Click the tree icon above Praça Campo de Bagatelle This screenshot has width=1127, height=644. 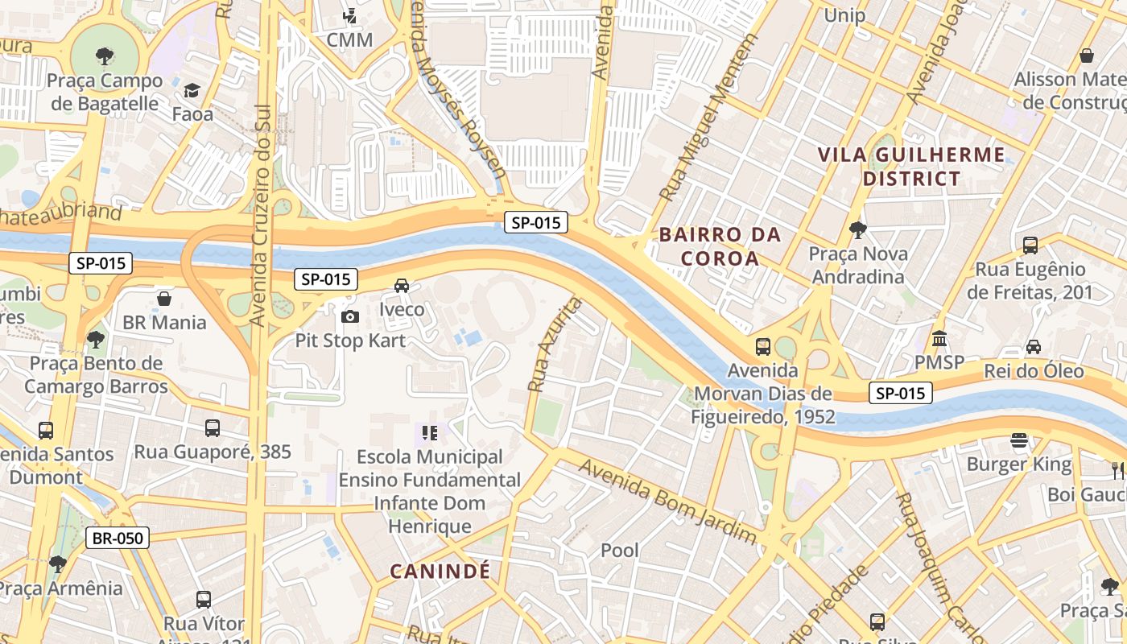tap(104, 56)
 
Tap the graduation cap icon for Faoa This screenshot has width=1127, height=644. tap(192, 90)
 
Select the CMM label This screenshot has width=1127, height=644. tap(349, 39)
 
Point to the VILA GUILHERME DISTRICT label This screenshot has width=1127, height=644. tap(912, 167)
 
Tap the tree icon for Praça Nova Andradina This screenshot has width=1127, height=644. tap(858, 229)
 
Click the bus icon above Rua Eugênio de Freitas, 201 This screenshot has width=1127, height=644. tap(1030, 245)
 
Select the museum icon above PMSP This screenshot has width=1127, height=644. tap(939, 339)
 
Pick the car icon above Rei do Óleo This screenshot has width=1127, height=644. tap(1034, 347)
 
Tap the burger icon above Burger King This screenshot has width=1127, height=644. tap(1019, 440)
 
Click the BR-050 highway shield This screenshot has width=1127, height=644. tap(118, 538)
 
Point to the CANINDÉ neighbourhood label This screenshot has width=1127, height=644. tap(440, 572)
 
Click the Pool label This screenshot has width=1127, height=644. tap(620, 551)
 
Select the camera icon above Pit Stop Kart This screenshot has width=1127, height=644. tap(350, 316)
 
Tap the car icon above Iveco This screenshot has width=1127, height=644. tap(402, 285)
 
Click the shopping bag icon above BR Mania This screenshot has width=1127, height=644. tap(164, 299)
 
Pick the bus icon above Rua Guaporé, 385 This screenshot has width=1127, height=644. tap(213, 427)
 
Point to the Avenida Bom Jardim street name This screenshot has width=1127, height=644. tap(667, 501)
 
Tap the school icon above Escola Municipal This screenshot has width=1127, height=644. tap(430, 433)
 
